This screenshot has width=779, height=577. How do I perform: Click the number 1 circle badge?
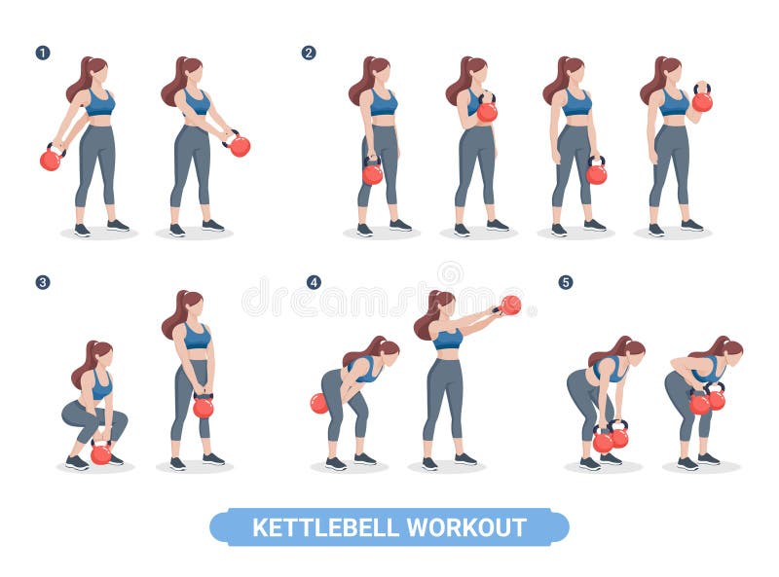click(43, 53)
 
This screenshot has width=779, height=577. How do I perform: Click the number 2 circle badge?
click(309, 53)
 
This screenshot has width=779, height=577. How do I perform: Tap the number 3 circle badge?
click(43, 282)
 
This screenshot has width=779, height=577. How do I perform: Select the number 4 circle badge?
click(314, 282)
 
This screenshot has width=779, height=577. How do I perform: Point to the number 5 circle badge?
click(566, 282)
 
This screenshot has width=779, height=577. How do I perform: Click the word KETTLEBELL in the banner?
click(326, 527)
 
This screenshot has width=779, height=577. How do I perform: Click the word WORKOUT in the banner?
click(466, 527)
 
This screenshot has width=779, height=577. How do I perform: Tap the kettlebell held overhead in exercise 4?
click(510, 306)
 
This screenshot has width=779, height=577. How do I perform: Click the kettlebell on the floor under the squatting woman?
click(100, 453)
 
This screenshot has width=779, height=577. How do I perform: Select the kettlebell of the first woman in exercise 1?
click(50, 160)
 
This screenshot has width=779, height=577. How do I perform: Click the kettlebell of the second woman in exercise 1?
click(239, 146)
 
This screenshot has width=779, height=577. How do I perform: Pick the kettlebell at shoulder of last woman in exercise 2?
click(702, 101)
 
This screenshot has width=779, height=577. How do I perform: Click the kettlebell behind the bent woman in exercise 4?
click(319, 404)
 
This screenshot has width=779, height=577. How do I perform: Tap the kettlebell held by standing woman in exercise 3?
click(203, 408)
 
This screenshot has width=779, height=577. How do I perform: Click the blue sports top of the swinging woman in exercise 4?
click(447, 339)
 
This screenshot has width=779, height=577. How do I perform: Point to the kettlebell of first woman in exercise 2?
click(372, 174)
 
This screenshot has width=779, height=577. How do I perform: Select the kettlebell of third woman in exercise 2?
click(596, 174)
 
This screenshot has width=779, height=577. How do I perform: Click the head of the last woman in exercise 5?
click(729, 348)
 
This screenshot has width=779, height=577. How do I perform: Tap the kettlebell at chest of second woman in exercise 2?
click(487, 112)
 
